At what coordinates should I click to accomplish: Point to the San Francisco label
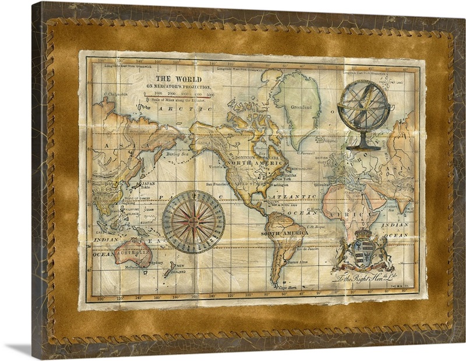221,185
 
